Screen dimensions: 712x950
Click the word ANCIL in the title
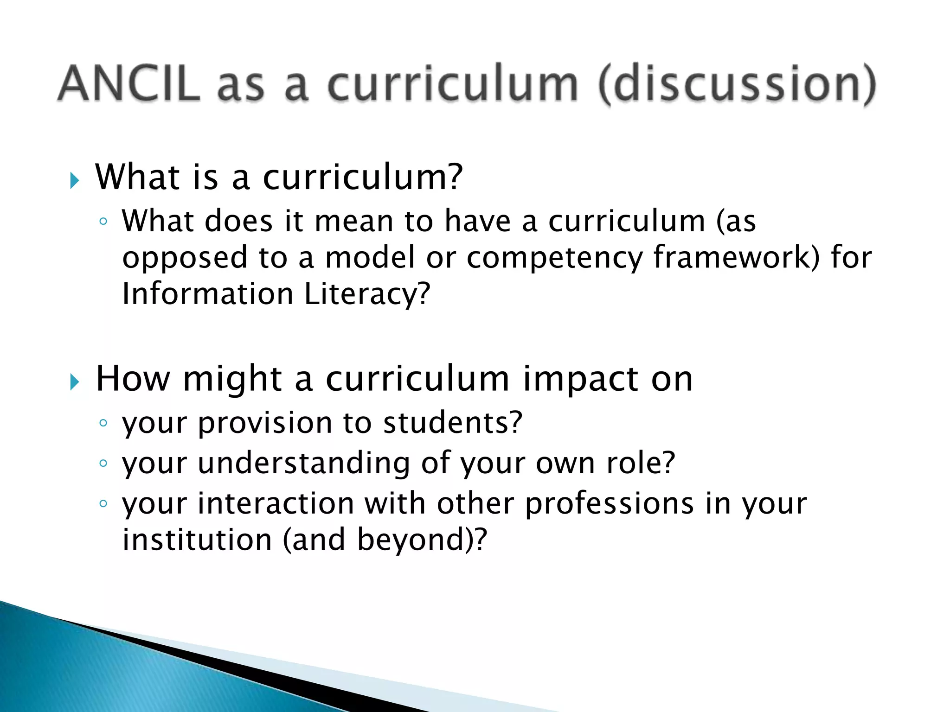tap(129, 84)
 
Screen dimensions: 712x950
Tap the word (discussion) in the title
tap(737, 85)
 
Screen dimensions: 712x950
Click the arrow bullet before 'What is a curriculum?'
tap(75, 180)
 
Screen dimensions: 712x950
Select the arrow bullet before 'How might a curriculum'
tap(75, 382)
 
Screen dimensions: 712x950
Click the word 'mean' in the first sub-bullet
tap(353, 221)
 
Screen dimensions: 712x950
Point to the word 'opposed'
tap(185, 259)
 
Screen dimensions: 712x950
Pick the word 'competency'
tap(554, 259)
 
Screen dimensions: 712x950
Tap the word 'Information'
tap(207, 294)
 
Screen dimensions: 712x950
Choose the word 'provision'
tap(265, 424)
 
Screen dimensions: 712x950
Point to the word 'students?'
tap(453, 423)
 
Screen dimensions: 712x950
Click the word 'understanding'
tap(304, 464)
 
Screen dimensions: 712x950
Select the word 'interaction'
tap(276, 503)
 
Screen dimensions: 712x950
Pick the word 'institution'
tap(197, 540)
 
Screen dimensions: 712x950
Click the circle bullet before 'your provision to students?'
tap(103, 423)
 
